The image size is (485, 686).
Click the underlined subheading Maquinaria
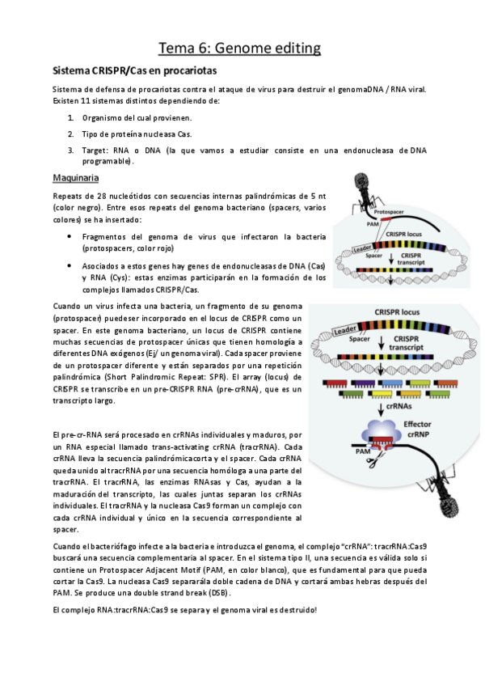point(76,177)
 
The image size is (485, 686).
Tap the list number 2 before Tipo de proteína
point(71,133)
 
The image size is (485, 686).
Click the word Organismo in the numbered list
point(106,118)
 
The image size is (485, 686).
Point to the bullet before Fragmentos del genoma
point(70,238)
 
